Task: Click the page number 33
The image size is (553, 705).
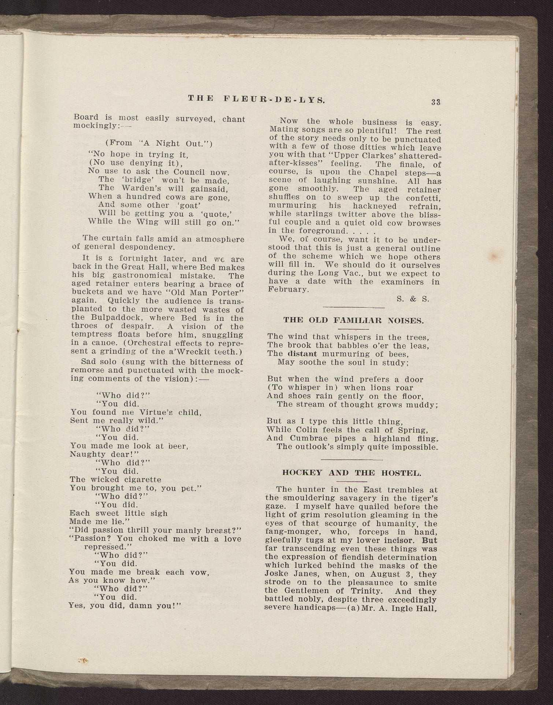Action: point(435,102)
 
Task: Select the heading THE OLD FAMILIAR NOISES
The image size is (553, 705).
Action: point(353,321)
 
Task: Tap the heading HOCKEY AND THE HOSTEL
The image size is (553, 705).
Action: point(352,473)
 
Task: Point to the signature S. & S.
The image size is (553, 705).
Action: point(413,299)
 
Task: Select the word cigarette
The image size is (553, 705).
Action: point(141,480)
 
